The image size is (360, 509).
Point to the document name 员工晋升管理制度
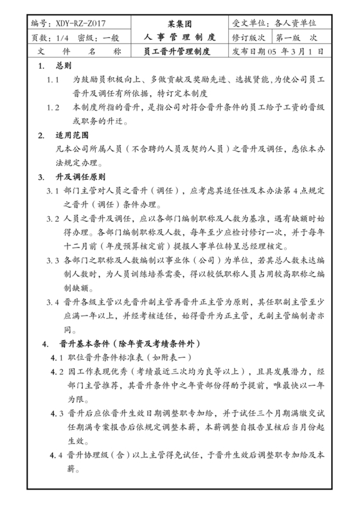[178, 51]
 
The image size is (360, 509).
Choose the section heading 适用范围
[71, 136]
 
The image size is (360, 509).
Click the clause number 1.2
[54, 107]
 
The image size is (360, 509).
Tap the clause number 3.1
[53, 192]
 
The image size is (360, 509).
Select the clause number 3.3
[53, 260]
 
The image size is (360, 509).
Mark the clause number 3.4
[53, 301]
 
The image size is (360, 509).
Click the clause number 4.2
[57, 372]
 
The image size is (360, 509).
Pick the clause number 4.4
[57, 456]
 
